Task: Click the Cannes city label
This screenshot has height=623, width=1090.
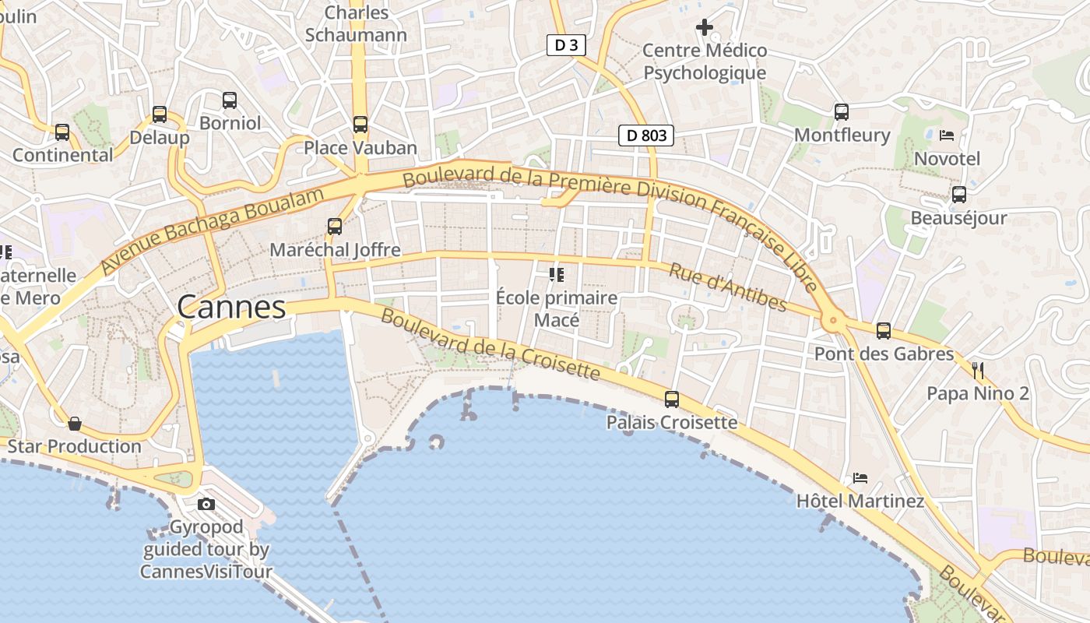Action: tap(231, 308)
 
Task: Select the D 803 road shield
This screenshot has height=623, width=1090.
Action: tap(645, 136)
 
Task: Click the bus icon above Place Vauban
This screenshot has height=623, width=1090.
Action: tap(360, 125)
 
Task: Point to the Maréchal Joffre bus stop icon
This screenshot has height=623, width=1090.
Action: tap(335, 227)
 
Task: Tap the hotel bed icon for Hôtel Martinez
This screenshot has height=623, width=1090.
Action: tap(860, 477)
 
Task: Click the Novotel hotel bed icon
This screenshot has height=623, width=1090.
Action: tap(947, 136)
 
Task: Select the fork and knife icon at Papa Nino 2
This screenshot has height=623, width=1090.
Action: tap(978, 370)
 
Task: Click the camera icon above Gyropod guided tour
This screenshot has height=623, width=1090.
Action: tap(206, 505)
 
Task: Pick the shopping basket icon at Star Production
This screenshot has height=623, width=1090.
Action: tap(75, 424)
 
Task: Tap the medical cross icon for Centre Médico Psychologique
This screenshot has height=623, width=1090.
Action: tap(705, 28)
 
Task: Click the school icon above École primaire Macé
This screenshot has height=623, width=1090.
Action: tap(556, 274)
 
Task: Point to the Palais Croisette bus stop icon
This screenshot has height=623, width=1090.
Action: tap(671, 399)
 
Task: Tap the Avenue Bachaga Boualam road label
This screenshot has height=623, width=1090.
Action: tap(212, 230)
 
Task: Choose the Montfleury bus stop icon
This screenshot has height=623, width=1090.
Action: tap(842, 112)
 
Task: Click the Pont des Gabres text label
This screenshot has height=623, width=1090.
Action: tap(884, 354)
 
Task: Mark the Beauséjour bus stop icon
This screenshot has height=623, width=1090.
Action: tap(959, 195)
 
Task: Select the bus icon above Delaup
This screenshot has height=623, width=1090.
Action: tap(160, 114)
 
